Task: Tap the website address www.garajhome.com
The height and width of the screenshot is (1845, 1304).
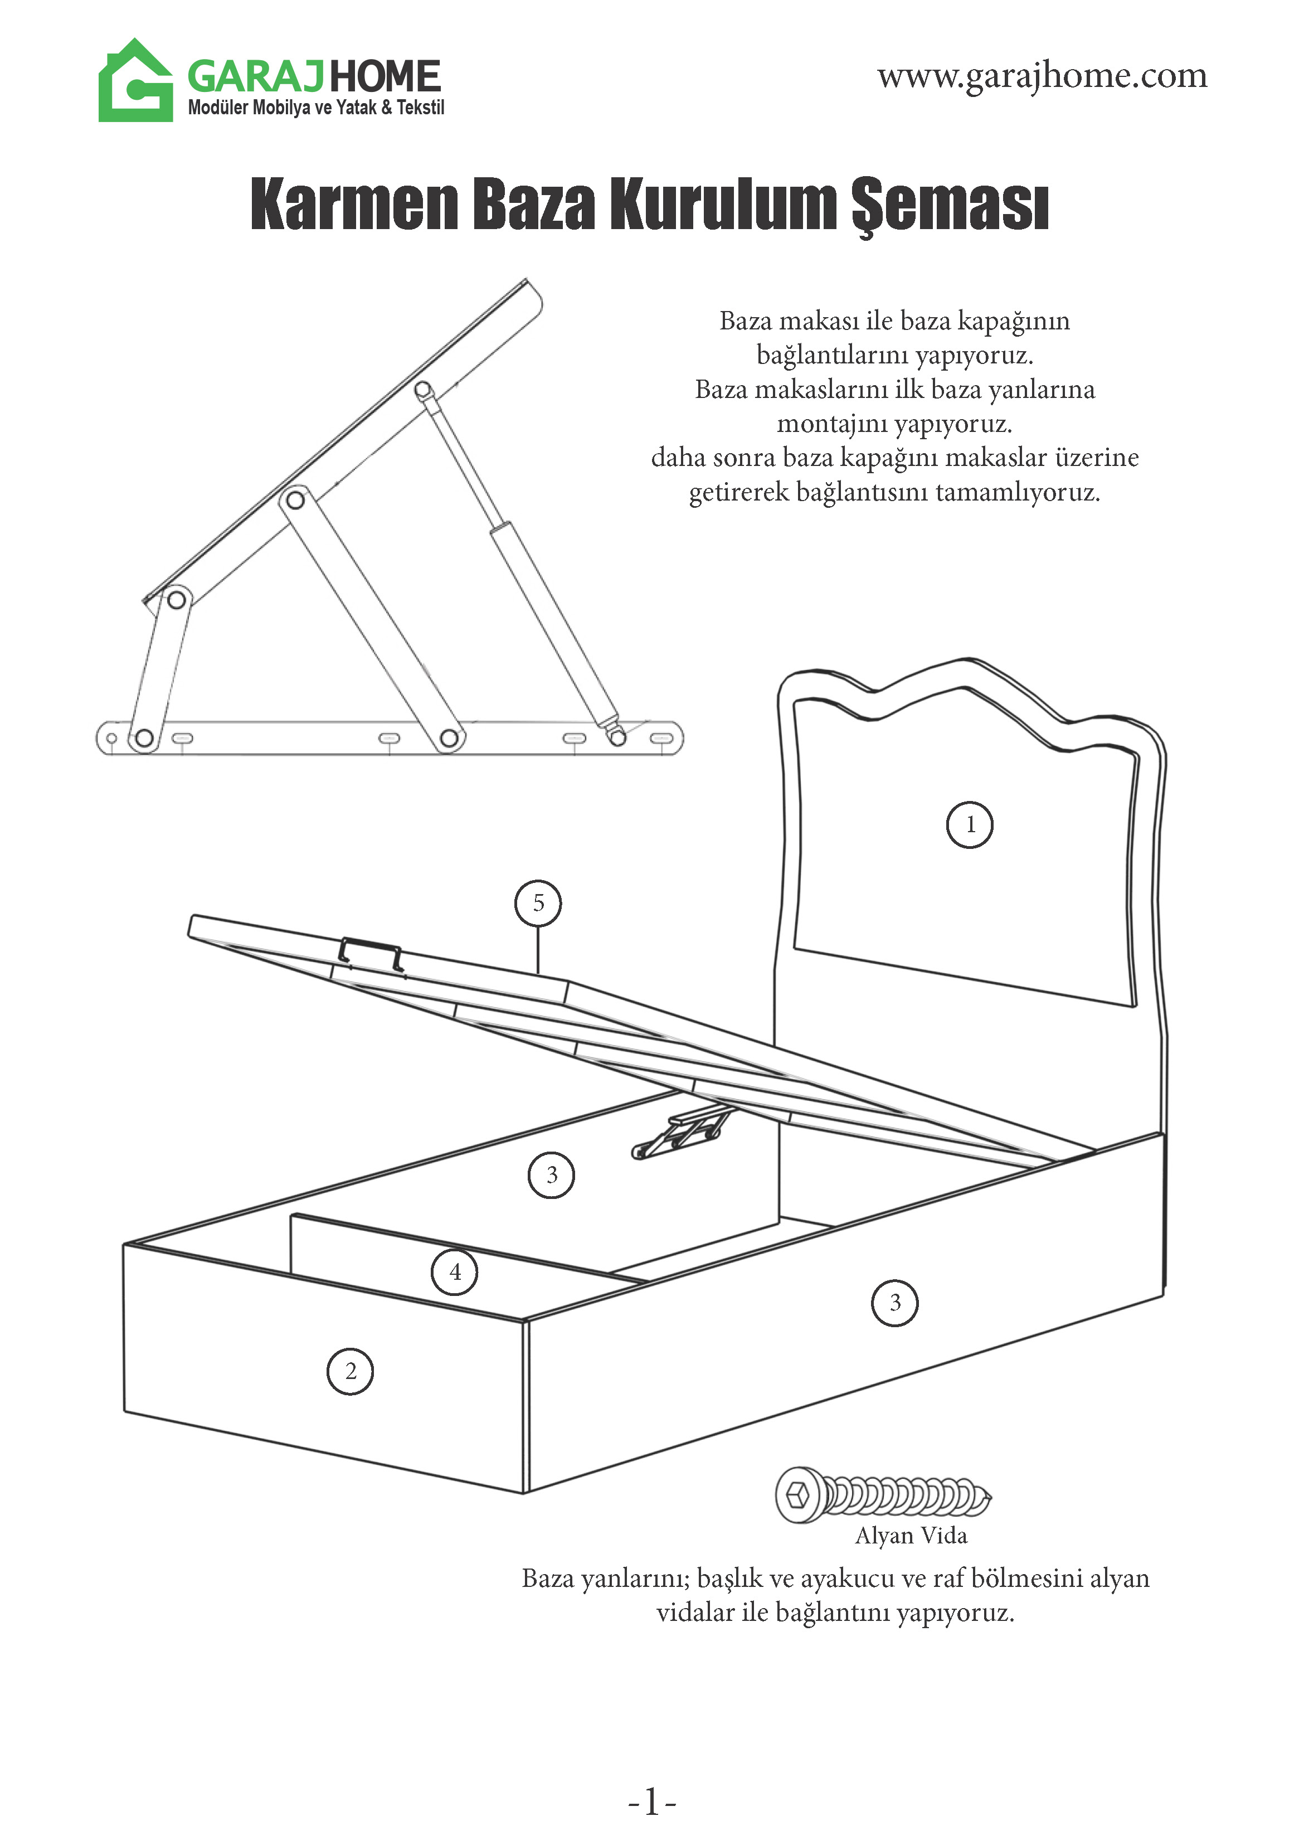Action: click(1042, 76)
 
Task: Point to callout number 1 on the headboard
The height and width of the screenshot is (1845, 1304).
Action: click(970, 824)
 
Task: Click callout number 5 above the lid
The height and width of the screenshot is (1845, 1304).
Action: click(538, 903)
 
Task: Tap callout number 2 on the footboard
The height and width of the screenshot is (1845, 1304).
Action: click(351, 1371)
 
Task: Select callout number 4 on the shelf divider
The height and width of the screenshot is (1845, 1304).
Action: click(455, 1272)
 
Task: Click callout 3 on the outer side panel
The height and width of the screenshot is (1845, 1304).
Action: click(894, 1303)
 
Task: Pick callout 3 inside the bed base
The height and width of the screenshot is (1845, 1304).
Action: click(551, 1176)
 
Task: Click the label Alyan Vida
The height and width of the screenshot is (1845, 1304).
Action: click(911, 1536)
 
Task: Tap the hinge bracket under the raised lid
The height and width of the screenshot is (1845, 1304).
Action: click(682, 1134)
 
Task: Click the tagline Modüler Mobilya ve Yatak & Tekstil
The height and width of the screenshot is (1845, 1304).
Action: click(316, 108)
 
